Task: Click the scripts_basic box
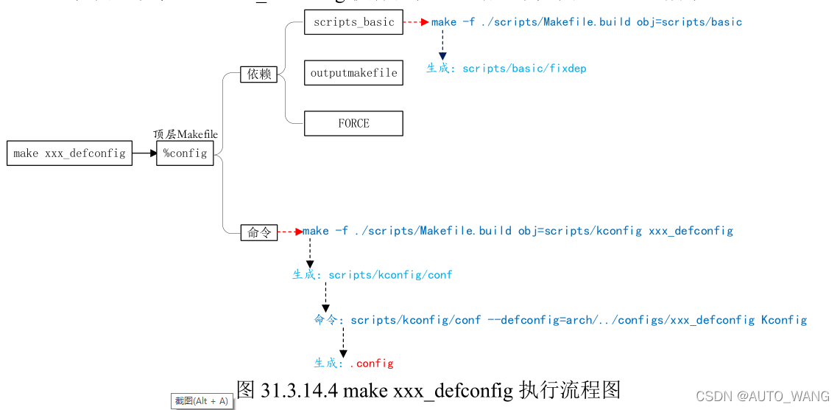(x=353, y=22)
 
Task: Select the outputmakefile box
(x=353, y=73)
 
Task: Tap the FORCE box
(x=353, y=123)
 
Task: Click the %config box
(x=185, y=153)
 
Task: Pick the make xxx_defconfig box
(x=69, y=153)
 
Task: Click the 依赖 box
(x=258, y=74)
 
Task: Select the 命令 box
(x=258, y=232)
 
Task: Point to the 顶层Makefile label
(x=185, y=134)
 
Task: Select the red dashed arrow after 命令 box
(x=290, y=232)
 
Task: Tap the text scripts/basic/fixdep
(x=524, y=69)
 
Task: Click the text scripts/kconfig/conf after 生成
(x=390, y=275)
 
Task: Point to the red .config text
(x=371, y=363)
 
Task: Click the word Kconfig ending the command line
(x=784, y=320)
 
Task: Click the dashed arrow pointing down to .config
(x=343, y=343)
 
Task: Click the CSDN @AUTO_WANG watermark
(x=762, y=397)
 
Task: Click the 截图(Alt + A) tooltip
(x=201, y=401)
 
